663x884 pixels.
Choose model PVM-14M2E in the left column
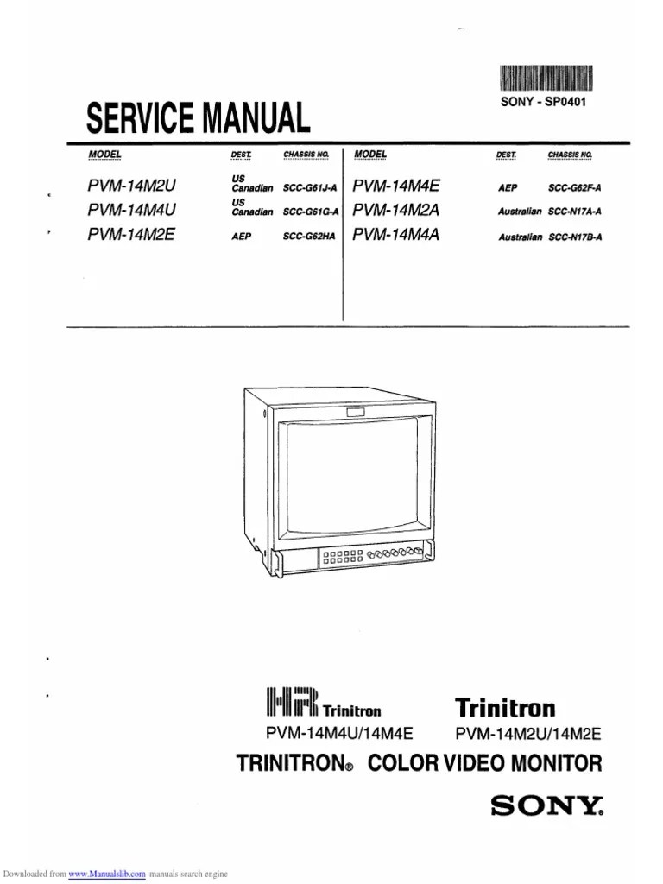130,232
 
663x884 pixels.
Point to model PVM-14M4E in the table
396,185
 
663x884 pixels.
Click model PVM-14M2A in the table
396,209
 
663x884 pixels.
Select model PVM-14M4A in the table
396,232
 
